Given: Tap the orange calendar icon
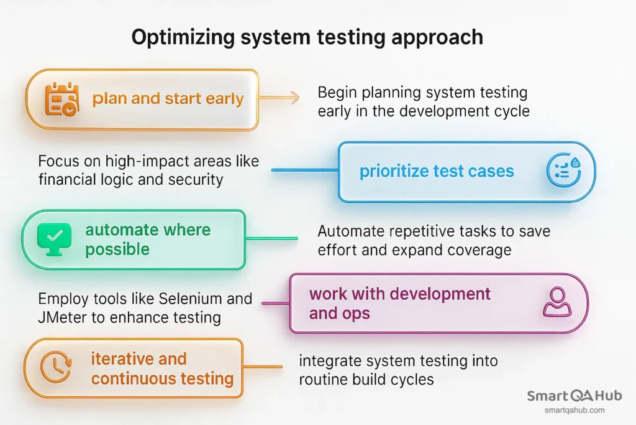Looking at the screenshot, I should (x=61, y=100).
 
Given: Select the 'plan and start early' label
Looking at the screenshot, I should (x=168, y=99).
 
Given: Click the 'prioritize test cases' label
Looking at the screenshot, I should (x=437, y=171).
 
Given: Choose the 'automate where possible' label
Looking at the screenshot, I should (x=148, y=240).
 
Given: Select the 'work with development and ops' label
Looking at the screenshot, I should (x=400, y=302).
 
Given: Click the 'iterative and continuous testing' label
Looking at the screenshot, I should (x=162, y=368).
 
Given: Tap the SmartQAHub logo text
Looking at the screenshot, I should (x=574, y=396).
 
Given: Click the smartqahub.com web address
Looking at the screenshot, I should (x=574, y=410).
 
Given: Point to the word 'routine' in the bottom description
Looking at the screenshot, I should (x=327, y=379).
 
